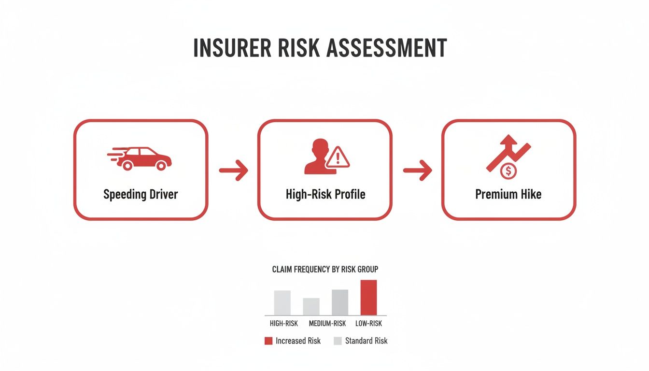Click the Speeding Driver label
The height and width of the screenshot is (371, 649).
click(141, 195)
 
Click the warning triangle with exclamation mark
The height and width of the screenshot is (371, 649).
click(338, 157)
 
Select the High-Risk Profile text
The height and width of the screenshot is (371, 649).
click(325, 195)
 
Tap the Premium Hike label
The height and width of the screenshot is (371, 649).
click(508, 195)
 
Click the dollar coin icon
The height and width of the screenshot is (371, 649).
click(508, 171)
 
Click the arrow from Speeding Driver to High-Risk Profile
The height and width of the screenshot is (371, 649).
click(234, 170)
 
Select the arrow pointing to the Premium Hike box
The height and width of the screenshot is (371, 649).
click(418, 170)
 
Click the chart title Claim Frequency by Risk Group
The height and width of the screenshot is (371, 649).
click(325, 269)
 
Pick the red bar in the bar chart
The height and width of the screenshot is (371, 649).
click(368, 298)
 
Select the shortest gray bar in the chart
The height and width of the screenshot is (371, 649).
click(311, 306)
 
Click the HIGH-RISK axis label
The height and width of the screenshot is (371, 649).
click(284, 324)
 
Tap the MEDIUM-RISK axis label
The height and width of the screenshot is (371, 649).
click(327, 324)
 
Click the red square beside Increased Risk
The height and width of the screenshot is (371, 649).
click(268, 341)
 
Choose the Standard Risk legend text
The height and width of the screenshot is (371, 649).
click(366, 341)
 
